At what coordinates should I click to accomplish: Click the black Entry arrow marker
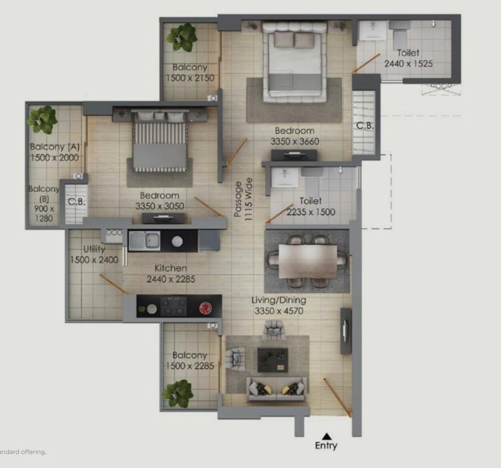(x=326, y=436)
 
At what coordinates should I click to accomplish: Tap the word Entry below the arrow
(x=326, y=445)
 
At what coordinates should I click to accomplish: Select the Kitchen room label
(x=170, y=268)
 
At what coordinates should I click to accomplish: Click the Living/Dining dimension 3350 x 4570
(x=279, y=311)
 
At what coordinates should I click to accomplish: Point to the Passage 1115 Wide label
(x=243, y=199)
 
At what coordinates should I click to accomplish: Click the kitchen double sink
(x=144, y=241)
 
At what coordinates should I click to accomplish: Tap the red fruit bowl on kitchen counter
(x=205, y=308)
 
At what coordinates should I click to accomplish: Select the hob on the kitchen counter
(x=173, y=306)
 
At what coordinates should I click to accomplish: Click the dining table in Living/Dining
(x=307, y=261)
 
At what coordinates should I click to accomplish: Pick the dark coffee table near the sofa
(x=273, y=360)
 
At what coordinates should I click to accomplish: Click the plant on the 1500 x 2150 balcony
(x=182, y=37)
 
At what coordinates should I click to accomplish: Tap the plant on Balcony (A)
(x=42, y=119)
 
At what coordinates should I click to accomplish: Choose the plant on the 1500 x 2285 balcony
(x=178, y=394)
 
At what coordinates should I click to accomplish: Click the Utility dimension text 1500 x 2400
(x=94, y=260)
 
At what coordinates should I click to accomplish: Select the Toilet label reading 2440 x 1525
(x=408, y=58)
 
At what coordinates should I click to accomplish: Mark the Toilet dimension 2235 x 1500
(x=311, y=212)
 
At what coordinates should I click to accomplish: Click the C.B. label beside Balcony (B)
(x=77, y=202)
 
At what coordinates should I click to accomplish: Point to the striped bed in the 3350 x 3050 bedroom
(x=159, y=140)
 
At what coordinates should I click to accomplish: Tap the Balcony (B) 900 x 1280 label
(x=44, y=204)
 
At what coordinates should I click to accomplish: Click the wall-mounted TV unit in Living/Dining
(x=346, y=331)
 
